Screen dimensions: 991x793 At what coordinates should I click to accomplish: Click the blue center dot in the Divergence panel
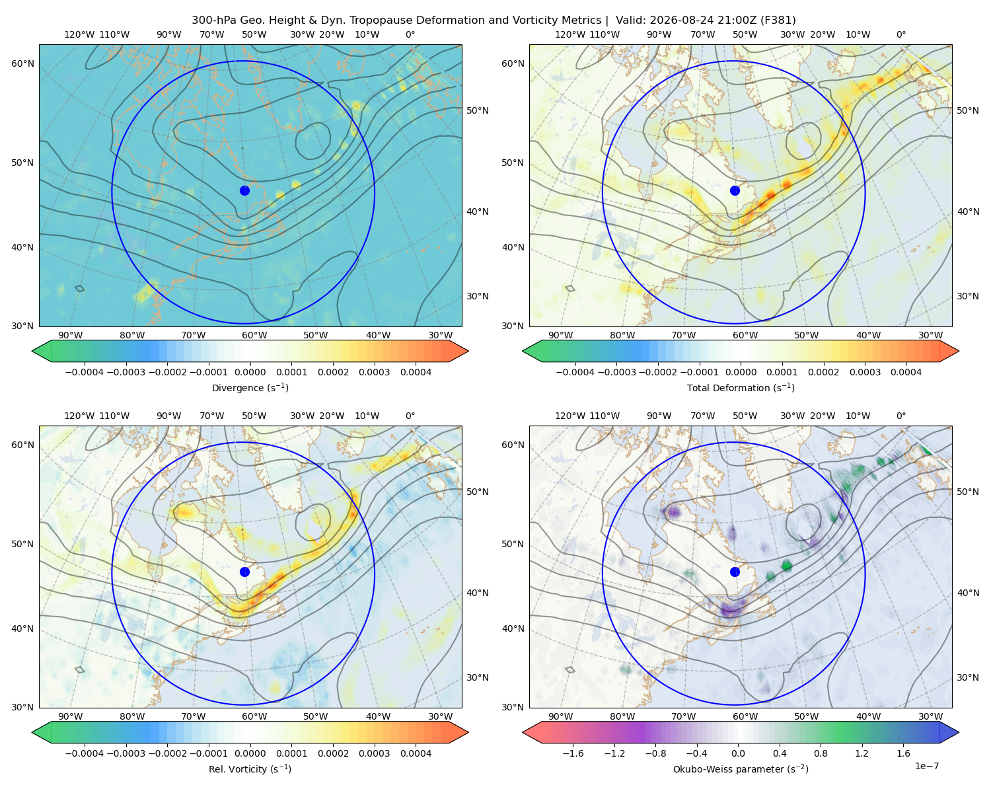tap(244, 190)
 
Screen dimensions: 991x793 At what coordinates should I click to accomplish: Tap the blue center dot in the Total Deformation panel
tap(735, 190)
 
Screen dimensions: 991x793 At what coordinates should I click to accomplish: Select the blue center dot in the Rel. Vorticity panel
tap(244, 572)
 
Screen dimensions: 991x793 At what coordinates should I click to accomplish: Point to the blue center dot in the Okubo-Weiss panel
tap(735, 572)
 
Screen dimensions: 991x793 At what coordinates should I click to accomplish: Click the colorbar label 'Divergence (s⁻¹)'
tap(250, 388)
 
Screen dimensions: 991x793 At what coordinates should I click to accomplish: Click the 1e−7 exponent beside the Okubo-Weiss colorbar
tap(926, 767)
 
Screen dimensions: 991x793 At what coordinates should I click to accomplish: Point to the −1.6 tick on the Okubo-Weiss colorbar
tap(573, 753)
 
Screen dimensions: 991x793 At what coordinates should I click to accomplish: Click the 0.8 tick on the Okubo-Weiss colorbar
tap(821, 753)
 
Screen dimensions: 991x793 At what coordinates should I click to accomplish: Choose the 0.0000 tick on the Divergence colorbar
tap(250, 372)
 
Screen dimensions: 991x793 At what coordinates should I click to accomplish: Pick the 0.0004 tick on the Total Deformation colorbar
tap(906, 372)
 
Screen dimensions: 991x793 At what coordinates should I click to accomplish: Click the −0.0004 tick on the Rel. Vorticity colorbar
tap(85, 753)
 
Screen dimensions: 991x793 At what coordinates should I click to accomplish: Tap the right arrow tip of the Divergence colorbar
tap(468, 351)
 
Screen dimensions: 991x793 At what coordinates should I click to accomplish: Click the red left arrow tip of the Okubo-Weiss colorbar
tap(523, 733)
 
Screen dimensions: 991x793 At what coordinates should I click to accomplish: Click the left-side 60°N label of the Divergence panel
tap(22, 63)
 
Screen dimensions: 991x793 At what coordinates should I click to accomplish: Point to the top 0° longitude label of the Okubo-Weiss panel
tap(901, 416)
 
